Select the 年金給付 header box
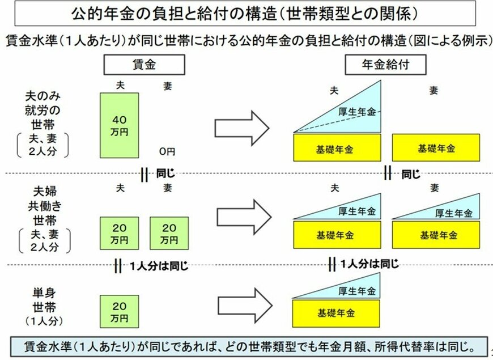click(385, 66)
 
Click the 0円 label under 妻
click(167, 151)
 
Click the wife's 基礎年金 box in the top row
click(436, 149)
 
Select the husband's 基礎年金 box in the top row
click(337, 149)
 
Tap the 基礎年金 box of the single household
click(337, 312)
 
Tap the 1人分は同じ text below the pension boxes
click(368, 264)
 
